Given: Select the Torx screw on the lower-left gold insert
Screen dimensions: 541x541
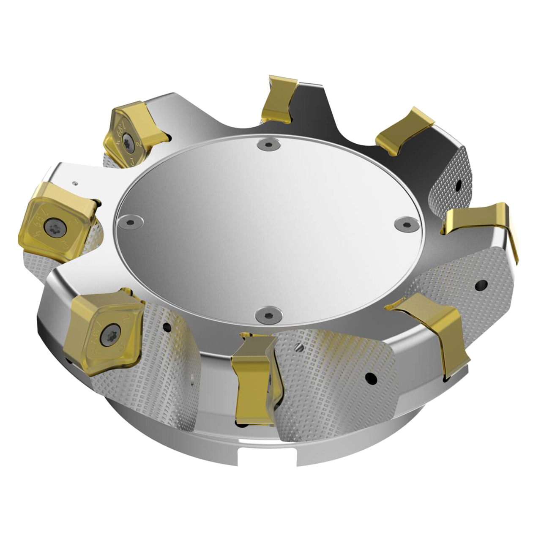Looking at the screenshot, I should (x=111, y=330).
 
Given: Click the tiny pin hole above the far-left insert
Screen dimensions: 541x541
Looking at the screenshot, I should (x=75, y=183).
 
